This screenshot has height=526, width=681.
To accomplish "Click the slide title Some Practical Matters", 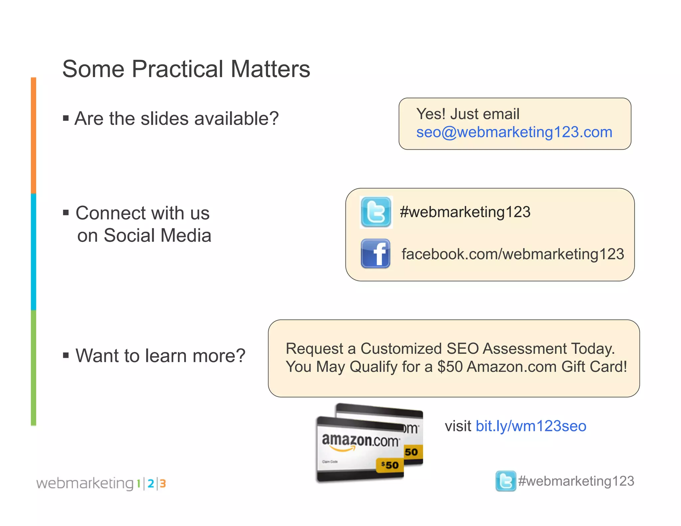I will pos(186,69).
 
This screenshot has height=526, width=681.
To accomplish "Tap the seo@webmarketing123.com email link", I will pos(514,132).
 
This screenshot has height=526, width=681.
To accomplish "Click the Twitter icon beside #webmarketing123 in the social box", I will pos(376,212).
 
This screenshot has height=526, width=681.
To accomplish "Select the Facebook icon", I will pos(375,253).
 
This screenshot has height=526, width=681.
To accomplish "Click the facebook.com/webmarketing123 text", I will pos(513,254).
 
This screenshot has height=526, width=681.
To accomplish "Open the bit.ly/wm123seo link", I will pos(531,426).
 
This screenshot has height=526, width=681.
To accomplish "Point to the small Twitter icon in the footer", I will pos(505,481).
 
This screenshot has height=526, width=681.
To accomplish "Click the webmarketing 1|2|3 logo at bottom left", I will pos(101,483).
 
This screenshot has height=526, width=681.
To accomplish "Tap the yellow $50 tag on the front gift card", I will pos(390,465).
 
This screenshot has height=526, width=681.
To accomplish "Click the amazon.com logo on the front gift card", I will pos(360,441).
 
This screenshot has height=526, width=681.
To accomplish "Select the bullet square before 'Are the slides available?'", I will pos(66,118).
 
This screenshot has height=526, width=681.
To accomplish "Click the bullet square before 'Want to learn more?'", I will pos(66,355).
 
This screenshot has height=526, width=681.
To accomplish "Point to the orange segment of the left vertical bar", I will pos(34,136).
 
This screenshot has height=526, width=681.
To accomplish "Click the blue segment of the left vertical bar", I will pos(34,252).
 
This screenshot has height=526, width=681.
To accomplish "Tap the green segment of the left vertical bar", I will pos(34,367).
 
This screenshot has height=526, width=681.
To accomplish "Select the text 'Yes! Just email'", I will pos(468,114).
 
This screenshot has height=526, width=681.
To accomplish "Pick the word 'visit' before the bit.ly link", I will pos(458,426).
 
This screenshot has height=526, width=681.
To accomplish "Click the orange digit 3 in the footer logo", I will pos(163,483).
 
